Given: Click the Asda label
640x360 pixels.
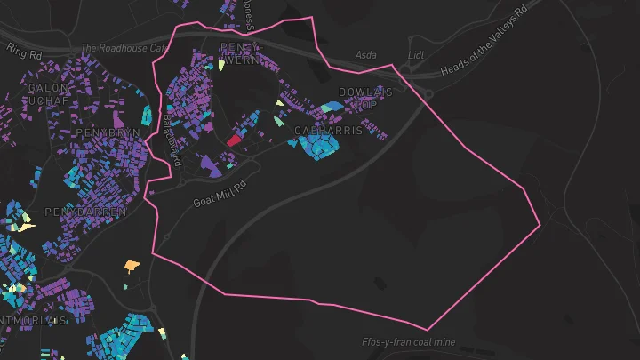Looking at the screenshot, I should click(x=365, y=55).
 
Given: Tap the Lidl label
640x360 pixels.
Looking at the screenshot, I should click(x=416, y=55).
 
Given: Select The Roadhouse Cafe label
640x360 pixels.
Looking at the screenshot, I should click(x=124, y=49).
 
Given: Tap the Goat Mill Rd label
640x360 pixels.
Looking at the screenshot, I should click(x=218, y=189).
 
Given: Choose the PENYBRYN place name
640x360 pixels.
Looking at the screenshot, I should click(x=110, y=132).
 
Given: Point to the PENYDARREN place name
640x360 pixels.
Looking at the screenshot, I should click(x=85, y=213).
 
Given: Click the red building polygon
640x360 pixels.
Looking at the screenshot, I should click(x=235, y=139).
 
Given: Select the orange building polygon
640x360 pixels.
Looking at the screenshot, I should click(x=132, y=264).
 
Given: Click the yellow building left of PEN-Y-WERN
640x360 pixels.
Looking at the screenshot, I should click(x=220, y=65).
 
